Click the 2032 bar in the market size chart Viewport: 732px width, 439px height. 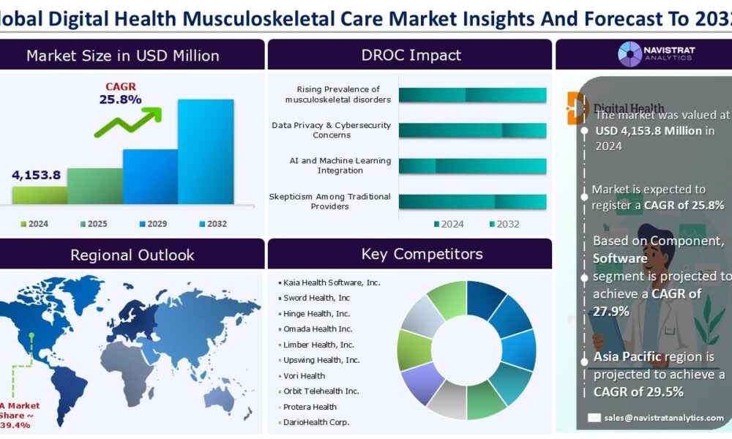(206, 151)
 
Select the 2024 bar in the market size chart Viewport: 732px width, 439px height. (40, 195)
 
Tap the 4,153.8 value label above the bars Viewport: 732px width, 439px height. (36, 175)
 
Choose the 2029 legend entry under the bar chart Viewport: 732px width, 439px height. (149, 224)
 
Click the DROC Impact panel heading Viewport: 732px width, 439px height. (411, 55)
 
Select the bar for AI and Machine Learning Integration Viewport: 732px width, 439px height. (472, 165)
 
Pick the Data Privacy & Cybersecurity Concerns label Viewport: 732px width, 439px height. (331, 130)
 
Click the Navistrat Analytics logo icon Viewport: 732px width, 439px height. (630, 54)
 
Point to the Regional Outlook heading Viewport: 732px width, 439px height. (132, 255)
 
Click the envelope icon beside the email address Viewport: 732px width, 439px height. (594, 417)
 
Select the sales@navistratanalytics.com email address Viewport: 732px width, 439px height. (664, 417)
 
